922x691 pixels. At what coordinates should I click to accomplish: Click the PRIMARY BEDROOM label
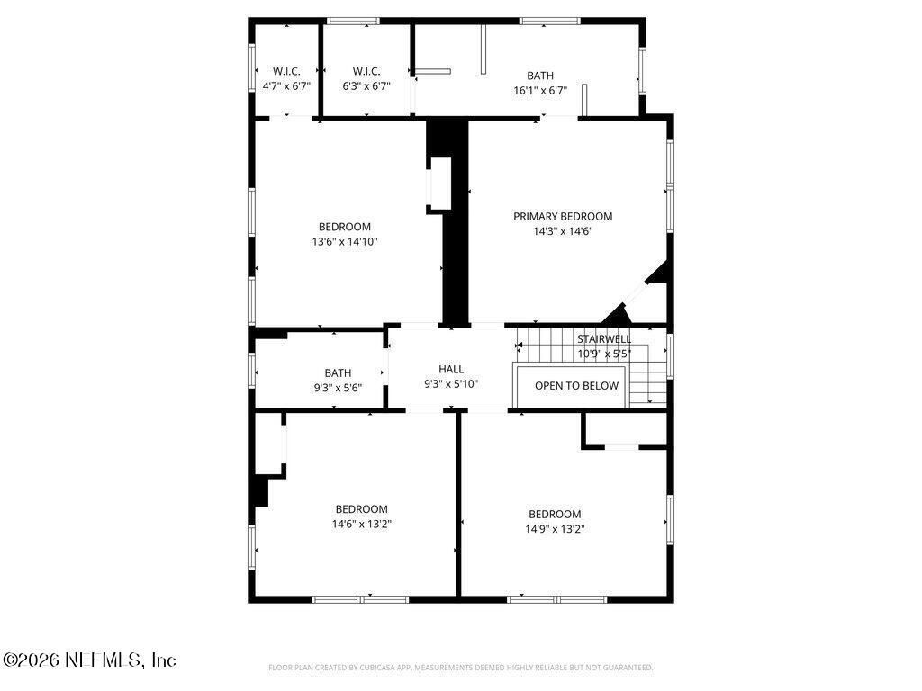click(x=563, y=216)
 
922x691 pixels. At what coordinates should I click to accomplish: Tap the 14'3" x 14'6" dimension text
click(x=563, y=231)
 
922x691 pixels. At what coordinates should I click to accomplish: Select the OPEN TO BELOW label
click(x=576, y=386)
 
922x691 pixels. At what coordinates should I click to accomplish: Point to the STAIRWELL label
click(x=604, y=339)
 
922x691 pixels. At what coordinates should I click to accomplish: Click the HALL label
click(x=451, y=369)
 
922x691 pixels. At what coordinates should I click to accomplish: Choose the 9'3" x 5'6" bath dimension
click(x=338, y=388)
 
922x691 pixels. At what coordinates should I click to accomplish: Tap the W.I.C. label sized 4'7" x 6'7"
click(x=286, y=71)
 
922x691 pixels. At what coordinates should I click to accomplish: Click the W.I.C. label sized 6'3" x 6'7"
click(x=366, y=71)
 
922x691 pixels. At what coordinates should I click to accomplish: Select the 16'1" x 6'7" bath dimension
click(x=540, y=90)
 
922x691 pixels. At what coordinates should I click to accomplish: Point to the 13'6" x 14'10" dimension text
click(x=344, y=241)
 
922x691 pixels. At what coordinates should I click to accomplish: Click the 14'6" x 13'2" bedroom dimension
click(x=362, y=524)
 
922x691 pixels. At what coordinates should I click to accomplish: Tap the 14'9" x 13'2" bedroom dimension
click(x=555, y=529)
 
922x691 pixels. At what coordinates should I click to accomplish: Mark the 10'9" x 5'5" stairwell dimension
click(x=604, y=354)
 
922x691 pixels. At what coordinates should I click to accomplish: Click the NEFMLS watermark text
click(x=89, y=660)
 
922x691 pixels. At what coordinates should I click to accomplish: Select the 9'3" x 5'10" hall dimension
click(x=451, y=384)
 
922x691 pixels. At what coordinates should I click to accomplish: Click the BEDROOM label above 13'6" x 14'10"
click(x=344, y=227)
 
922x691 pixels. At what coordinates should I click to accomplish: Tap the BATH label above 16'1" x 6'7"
click(x=540, y=76)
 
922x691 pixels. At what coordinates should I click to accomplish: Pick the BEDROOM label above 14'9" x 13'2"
click(x=555, y=515)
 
